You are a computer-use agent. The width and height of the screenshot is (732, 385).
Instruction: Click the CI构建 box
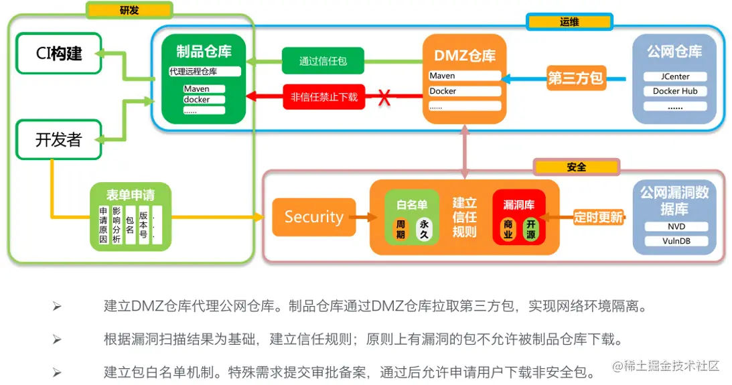pos(59,54)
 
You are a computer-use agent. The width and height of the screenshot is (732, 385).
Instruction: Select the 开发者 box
pos(59,139)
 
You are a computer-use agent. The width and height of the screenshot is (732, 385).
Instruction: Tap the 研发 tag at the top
pos(129,10)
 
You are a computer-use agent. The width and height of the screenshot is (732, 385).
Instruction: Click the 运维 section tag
pos(569,22)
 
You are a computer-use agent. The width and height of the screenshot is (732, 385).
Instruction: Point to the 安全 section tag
pos(577,167)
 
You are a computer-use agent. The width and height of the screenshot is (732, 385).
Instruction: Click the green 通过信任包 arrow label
pos(323,61)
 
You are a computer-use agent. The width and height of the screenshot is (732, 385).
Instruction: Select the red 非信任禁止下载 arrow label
pos(324,96)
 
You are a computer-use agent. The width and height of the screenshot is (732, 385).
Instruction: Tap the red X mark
pos(384,97)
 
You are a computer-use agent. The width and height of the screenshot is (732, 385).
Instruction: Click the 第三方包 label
pos(575,78)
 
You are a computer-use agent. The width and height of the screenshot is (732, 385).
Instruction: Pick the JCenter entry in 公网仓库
pos(675,76)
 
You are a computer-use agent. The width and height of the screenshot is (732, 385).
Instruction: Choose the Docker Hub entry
pos(675,91)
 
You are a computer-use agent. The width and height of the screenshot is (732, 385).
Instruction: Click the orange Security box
pos(313,217)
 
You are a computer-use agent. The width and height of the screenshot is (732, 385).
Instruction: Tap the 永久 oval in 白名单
pos(424,230)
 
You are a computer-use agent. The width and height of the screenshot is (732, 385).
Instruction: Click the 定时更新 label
pos(598,217)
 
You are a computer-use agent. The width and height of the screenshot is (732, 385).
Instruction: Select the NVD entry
pos(674,226)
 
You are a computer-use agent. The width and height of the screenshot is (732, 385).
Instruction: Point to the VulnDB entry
pos(674,240)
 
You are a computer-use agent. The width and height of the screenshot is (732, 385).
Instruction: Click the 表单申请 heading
pos(131,195)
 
